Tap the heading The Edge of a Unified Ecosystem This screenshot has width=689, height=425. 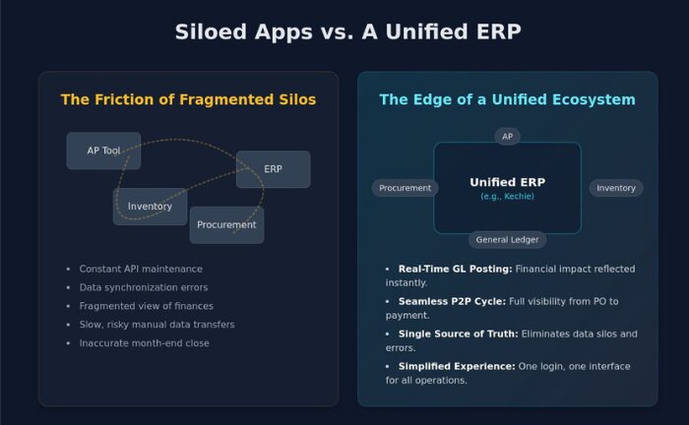[x=507, y=99]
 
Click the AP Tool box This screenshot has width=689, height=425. [x=103, y=151]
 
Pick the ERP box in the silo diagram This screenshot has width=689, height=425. [x=273, y=169]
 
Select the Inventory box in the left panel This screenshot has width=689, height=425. [x=150, y=207]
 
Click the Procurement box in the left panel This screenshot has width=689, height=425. [x=226, y=224]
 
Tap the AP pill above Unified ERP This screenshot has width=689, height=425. [x=507, y=136]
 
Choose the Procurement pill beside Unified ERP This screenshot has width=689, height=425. [x=405, y=188]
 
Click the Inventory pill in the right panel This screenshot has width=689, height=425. [x=616, y=188]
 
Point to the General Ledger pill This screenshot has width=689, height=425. [x=507, y=239]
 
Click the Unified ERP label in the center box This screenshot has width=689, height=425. [x=507, y=182]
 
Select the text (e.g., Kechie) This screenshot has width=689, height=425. [x=507, y=197]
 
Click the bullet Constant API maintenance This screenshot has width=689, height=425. [x=141, y=269]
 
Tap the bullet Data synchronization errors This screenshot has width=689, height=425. [x=144, y=287]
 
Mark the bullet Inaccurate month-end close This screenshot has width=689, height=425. [x=144, y=343]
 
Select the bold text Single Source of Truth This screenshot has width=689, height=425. [x=458, y=334]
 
